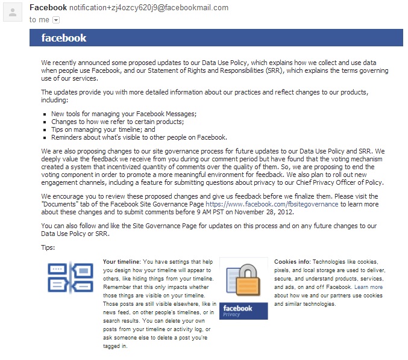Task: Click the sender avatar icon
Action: (x=13, y=12)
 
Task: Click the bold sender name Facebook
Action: (x=48, y=8)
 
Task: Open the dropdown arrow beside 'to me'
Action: (x=56, y=20)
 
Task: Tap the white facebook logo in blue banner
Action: (x=64, y=38)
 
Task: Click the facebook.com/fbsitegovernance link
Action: (x=272, y=204)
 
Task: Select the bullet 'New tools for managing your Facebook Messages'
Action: (x=124, y=114)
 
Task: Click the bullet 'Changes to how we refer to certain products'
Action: (x=117, y=122)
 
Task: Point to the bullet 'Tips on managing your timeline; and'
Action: (x=103, y=129)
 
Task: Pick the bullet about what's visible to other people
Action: (x=139, y=137)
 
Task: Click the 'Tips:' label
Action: (x=48, y=247)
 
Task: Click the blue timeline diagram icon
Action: (x=70, y=278)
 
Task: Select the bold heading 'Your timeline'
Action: (x=121, y=262)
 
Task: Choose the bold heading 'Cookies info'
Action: (x=292, y=262)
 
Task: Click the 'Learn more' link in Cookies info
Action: (x=368, y=287)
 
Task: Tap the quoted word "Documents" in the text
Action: (x=60, y=204)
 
